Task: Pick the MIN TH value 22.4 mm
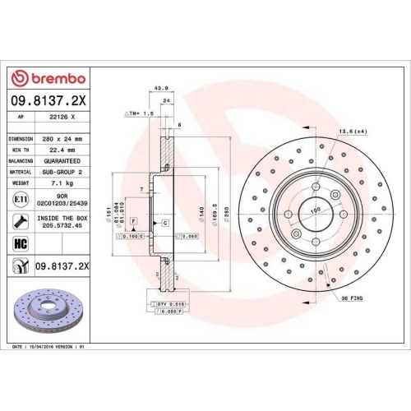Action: (59, 150)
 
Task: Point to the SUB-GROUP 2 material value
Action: (59, 172)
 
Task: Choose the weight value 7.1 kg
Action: (59, 183)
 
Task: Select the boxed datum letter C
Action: (165, 223)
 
